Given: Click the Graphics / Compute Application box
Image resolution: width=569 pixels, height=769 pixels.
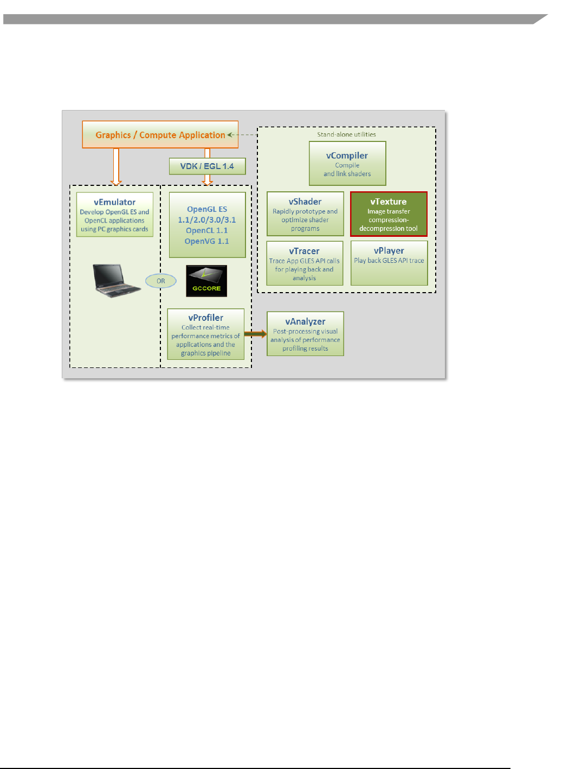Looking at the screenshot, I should click(160, 134).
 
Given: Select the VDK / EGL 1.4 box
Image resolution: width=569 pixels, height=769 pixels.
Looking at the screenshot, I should click(207, 166).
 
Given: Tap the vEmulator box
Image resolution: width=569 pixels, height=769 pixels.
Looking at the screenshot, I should click(114, 215).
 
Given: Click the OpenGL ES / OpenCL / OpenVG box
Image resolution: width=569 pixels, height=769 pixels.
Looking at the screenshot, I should click(207, 225).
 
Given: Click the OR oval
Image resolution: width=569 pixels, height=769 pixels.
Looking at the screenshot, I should click(161, 281).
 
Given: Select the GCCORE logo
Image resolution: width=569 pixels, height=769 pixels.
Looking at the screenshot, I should click(206, 281).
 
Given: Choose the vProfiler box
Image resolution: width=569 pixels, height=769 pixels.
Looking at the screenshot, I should click(205, 334).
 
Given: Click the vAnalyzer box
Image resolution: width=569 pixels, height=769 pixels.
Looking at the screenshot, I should click(305, 334).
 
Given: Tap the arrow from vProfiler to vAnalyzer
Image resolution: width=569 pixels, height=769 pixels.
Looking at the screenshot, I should click(255, 334).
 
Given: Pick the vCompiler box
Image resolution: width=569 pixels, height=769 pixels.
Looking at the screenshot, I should click(347, 164).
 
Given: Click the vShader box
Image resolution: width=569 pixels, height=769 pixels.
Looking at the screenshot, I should click(305, 214).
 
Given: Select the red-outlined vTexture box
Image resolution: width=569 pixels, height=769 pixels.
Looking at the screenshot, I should click(389, 214).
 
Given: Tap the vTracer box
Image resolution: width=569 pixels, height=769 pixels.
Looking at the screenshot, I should click(305, 263).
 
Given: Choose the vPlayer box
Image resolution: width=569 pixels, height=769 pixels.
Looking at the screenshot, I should click(389, 263).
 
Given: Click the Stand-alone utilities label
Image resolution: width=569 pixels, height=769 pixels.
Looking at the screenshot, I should click(346, 134).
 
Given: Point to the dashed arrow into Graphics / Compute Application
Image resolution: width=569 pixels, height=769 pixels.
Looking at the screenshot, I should click(243, 135).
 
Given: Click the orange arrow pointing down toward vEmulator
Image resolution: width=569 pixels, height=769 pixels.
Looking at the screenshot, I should click(116, 167).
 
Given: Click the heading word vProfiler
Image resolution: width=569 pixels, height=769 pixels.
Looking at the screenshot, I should click(205, 318).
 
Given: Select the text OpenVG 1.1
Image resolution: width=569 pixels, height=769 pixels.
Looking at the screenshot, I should click(207, 241).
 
